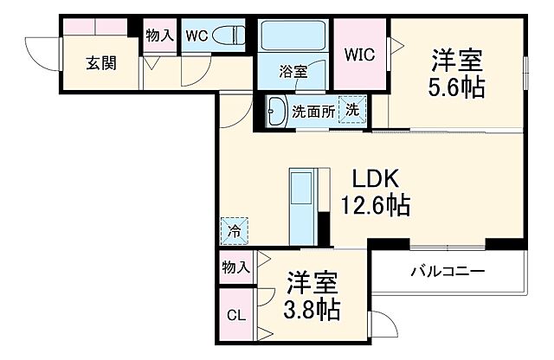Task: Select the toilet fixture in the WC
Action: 231,36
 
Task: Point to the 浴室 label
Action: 293,72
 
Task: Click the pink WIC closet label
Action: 361,55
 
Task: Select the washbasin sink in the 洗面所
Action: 276,111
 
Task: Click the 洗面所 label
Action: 312,111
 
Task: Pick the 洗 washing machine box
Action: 354,111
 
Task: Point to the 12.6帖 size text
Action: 374,206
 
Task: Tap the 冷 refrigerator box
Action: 234,229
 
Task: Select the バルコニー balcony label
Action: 448,273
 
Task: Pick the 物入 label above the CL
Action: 235,267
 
